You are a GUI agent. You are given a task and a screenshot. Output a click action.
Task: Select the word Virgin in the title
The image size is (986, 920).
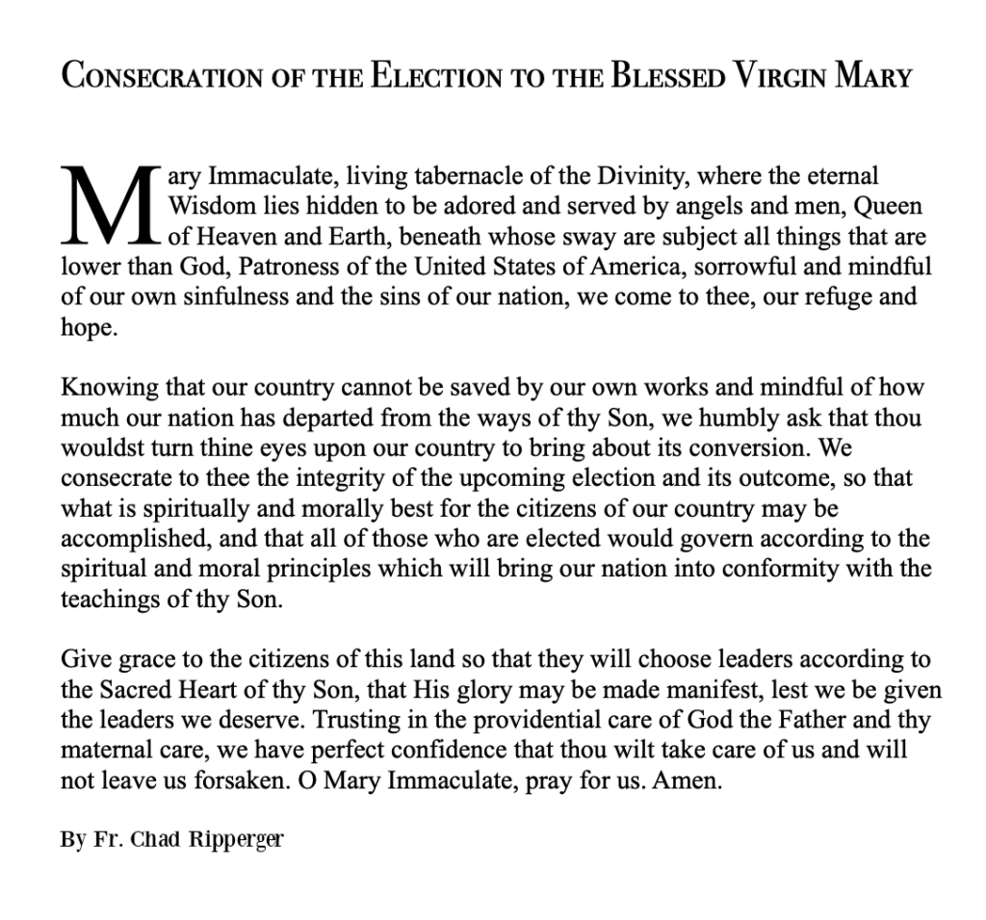click(x=775, y=76)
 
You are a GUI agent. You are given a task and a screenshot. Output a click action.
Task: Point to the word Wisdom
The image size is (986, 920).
click(x=210, y=206)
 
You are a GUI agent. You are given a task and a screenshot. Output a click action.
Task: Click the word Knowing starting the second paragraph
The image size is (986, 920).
click(x=102, y=388)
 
